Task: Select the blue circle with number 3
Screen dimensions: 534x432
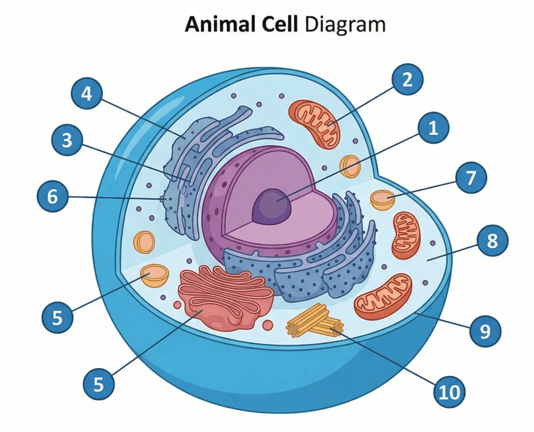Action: point(67,140)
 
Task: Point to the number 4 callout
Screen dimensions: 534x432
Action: point(87,93)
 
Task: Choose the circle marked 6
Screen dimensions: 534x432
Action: point(52,197)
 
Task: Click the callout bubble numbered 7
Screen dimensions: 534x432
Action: point(471,178)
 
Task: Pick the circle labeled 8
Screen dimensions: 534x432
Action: point(492,241)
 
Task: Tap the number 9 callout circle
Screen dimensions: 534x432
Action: point(485,331)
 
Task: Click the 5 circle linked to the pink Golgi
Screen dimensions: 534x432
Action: point(98,385)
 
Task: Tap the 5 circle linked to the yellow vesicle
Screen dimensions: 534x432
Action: point(57,317)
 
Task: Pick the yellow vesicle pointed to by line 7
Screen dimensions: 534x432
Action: point(382,200)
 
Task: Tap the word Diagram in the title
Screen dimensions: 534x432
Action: point(345,25)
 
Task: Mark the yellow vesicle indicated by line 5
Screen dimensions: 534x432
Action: point(155,275)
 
